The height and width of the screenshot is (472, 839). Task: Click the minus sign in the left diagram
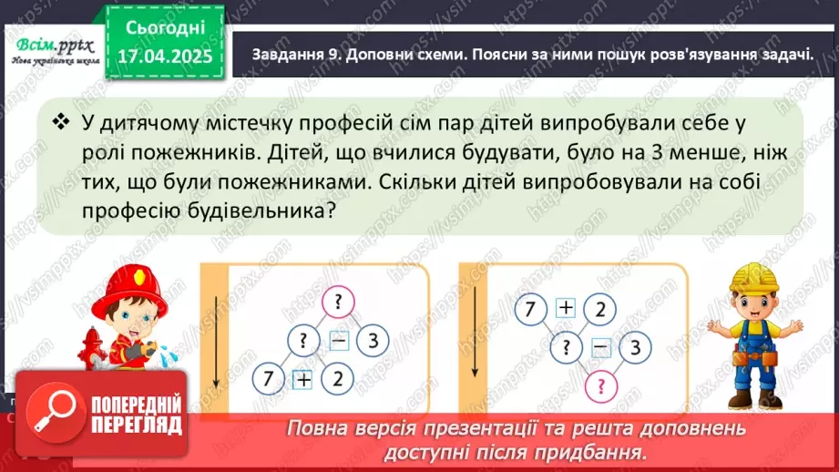(338, 342)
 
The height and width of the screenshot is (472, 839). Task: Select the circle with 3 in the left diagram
(373, 342)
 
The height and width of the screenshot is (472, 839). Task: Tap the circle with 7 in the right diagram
(529, 310)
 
